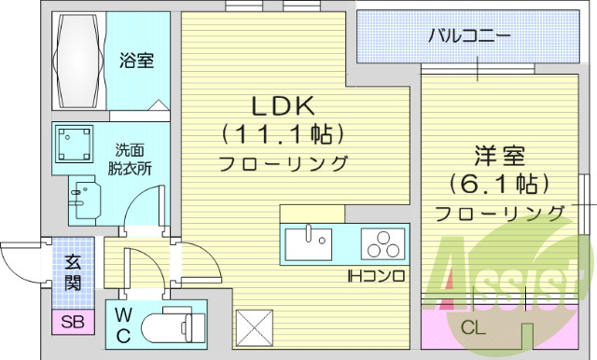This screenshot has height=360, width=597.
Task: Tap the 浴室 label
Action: tap(137, 62)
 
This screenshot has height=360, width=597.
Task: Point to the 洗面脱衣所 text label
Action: tap(130, 159)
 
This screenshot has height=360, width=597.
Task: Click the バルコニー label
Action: tap(469, 38)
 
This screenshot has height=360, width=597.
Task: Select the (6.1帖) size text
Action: tap(499, 182)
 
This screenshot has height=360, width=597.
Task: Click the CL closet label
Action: tap(474, 327)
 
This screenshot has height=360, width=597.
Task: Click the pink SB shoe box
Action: tap(71, 323)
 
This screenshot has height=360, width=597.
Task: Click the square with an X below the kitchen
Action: tap(254, 328)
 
